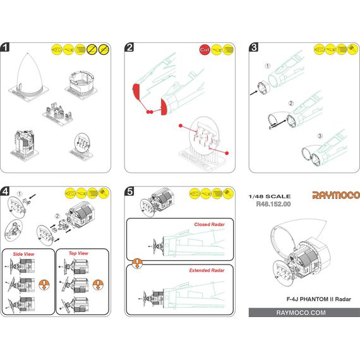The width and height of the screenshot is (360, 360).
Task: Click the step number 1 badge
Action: [x=5, y=47]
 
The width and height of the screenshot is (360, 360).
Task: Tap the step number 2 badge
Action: [x=129, y=47]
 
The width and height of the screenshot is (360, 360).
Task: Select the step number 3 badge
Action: [x=254, y=47]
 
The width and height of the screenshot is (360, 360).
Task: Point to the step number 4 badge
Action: [x=5, y=191]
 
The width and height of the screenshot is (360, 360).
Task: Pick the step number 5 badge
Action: [x=129, y=191]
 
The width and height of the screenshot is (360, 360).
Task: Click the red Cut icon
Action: [x=205, y=50]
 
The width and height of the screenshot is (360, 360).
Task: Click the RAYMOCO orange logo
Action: [x=336, y=195]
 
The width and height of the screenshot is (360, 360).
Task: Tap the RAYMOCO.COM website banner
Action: [x=304, y=313]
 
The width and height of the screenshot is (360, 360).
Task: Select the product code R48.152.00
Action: [x=273, y=204]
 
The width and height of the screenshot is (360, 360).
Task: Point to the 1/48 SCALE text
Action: [x=270, y=196]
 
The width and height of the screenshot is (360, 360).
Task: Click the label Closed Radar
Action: [x=209, y=224]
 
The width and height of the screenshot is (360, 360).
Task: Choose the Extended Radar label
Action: [x=207, y=270]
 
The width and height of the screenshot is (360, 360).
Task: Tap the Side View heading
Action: [x=23, y=254]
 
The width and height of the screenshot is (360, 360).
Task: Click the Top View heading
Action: [x=78, y=253]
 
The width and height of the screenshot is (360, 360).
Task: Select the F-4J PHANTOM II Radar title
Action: [x=319, y=299]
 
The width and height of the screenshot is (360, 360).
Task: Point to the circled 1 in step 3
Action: [x=268, y=66]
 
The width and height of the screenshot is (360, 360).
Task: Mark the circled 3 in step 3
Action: [x=320, y=136]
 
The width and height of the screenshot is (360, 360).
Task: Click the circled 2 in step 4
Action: [x=57, y=216]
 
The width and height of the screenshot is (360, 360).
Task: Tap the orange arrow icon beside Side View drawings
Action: [x=44, y=285]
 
